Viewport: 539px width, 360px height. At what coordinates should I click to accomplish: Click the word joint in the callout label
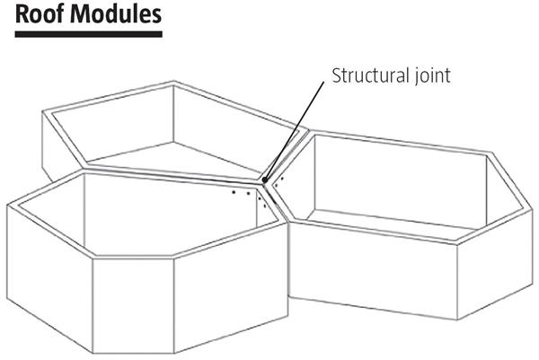(429, 75)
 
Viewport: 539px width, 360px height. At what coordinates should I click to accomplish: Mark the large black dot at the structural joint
(265, 181)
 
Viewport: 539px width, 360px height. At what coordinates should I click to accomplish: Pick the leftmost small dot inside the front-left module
(233, 191)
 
